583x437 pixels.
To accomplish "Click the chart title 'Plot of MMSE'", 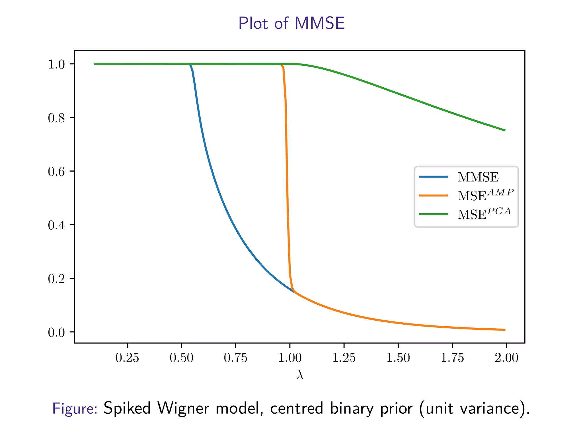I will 291,23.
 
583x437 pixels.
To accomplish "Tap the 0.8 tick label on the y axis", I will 56,118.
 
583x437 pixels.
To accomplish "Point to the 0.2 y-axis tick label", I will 56,279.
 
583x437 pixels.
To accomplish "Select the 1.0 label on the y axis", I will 56,64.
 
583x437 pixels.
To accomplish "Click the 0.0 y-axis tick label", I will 56,332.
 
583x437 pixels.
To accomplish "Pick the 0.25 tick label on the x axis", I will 127,358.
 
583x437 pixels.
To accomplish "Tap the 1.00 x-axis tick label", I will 290,358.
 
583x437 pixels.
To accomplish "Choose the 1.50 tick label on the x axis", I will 398,358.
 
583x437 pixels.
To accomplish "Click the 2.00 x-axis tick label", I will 506,358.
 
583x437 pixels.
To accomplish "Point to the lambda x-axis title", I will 299,375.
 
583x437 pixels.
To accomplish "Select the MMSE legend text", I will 478,177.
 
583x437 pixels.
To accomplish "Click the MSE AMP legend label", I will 485,195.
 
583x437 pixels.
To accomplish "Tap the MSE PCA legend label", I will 484,214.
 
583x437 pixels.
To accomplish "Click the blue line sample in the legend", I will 434,177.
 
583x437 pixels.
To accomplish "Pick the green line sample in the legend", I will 434,214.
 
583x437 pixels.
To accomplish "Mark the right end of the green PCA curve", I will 505,130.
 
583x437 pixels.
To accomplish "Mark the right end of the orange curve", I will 505,330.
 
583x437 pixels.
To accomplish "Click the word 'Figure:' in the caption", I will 75,409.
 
